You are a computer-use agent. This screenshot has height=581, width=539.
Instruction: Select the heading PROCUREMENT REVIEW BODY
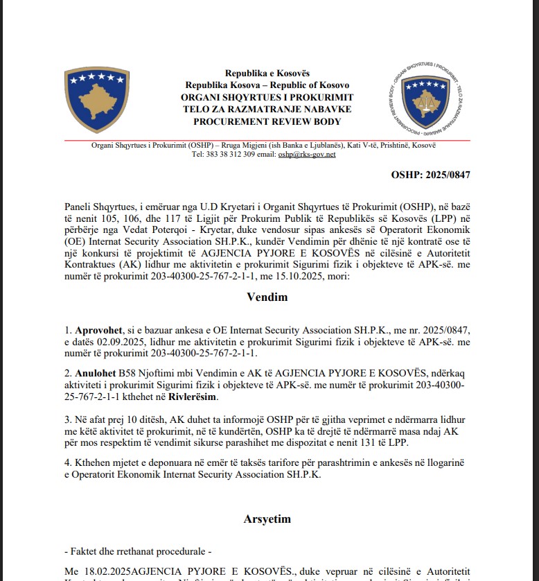pyautogui.click(x=267, y=121)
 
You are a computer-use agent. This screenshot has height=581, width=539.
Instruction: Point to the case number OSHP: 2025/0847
pyautogui.click(x=430, y=174)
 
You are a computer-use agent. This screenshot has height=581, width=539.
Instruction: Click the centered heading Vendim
pyautogui.click(x=267, y=297)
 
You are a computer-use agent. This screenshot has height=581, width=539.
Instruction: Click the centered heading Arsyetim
pyautogui.click(x=267, y=518)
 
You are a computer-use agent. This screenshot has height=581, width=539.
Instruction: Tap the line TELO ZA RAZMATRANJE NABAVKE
pyautogui.click(x=267, y=110)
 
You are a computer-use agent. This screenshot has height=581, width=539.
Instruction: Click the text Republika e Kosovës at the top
pyautogui.click(x=267, y=73)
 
